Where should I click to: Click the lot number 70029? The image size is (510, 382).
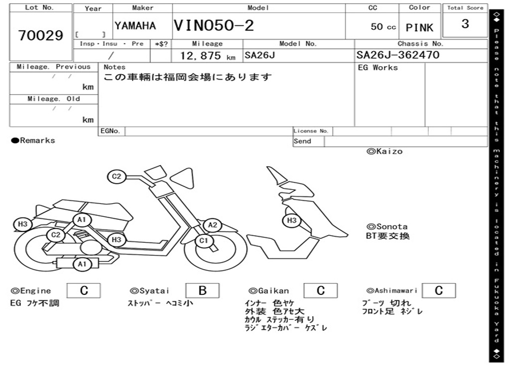41,36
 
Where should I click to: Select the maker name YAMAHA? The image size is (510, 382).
135,26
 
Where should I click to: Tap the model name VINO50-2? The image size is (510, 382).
214,25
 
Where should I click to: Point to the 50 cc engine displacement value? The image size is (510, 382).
383,27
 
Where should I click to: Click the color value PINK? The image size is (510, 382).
419,28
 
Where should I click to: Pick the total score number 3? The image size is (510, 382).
465,24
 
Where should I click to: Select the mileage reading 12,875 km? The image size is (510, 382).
207,56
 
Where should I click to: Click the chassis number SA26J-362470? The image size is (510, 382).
398,55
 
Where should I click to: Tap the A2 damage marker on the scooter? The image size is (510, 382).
213,225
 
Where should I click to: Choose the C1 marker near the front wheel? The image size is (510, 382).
203,241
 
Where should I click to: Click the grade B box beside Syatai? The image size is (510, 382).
202,290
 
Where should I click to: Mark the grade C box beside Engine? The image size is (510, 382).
84,290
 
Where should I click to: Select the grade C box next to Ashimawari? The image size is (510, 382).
438,290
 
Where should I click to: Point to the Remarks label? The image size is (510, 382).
33,141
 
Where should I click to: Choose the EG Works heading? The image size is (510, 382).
378,67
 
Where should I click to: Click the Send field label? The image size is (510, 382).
302,141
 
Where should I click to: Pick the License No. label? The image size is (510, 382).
311,131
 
